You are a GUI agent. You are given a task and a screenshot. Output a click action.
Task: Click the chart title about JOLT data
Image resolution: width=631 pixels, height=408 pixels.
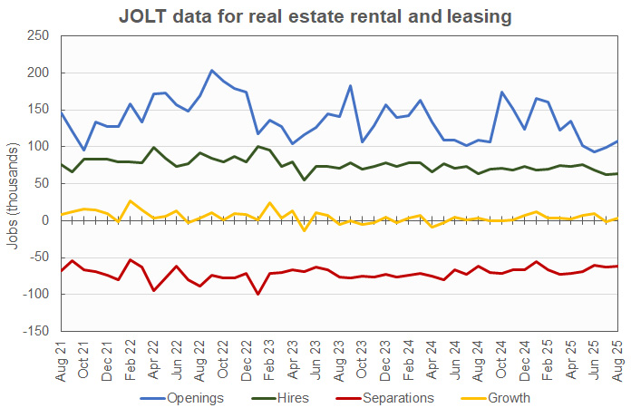(315, 15)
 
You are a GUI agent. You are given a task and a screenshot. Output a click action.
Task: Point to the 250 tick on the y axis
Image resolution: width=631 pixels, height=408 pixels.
(37, 35)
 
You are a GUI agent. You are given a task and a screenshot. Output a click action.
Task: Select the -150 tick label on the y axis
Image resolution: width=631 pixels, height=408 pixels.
(34, 331)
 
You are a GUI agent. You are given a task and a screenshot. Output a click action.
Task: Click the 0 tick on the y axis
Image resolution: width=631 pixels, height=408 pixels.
(44, 220)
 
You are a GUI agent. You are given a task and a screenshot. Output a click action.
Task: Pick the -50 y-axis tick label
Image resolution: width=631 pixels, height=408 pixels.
(37, 257)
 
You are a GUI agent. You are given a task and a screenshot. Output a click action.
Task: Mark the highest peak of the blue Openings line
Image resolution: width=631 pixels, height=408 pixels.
(211, 70)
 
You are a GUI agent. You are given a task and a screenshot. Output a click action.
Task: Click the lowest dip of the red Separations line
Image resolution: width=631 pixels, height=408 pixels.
(258, 294)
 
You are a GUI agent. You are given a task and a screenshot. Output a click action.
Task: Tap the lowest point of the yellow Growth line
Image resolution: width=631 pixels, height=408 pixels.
(305, 230)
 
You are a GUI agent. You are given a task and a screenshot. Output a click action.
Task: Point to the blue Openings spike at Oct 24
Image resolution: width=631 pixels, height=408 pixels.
(501, 92)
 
